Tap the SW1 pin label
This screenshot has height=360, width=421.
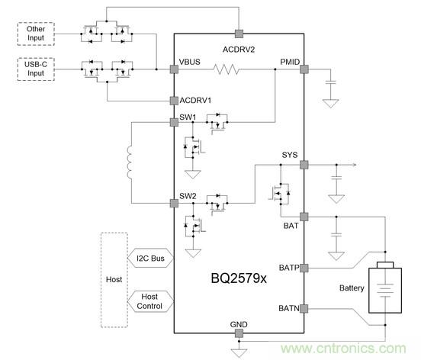(188, 117)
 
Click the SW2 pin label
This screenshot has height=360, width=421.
(188, 197)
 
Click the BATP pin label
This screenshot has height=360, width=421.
(289, 268)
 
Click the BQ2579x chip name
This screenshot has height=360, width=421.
(238, 278)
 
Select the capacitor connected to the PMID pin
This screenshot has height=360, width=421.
(330, 82)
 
